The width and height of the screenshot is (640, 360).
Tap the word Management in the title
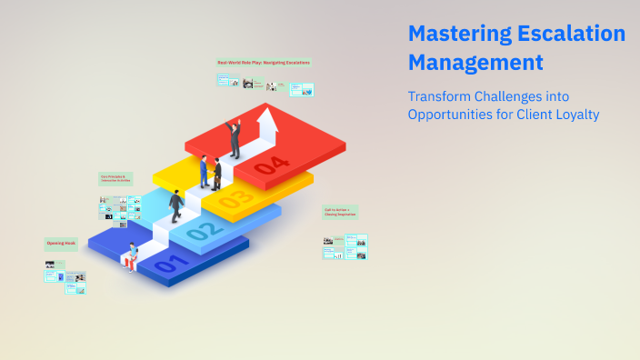[x=475, y=64]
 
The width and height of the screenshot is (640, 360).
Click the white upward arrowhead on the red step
[x=267, y=117]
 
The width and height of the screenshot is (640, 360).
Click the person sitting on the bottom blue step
[x=133, y=256]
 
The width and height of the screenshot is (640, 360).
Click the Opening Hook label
[x=62, y=243]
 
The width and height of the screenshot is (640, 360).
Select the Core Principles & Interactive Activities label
[x=115, y=179]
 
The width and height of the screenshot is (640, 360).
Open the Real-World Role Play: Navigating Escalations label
[x=264, y=63]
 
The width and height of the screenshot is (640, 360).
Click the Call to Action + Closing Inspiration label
[x=341, y=212]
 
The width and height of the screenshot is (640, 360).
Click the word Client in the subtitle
[x=533, y=115]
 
